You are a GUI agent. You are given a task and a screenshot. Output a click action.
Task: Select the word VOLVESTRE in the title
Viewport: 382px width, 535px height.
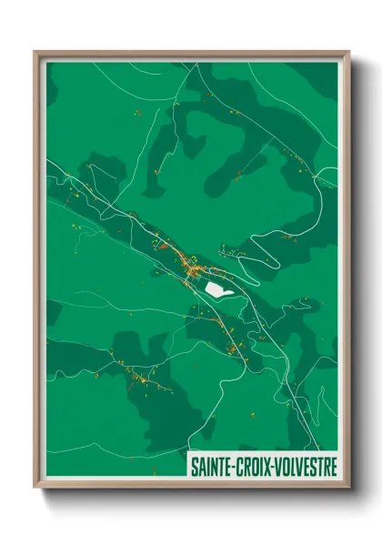tap(305, 466)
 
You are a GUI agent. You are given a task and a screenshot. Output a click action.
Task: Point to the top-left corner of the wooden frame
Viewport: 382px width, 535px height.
tap(35, 52)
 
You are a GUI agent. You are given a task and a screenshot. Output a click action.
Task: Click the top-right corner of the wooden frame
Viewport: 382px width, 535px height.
tap(348, 52)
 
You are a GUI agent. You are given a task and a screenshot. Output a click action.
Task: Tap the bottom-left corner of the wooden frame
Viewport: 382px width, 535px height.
tap(35, 488)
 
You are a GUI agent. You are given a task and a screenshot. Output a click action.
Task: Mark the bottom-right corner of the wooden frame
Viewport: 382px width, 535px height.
tap(348, 488)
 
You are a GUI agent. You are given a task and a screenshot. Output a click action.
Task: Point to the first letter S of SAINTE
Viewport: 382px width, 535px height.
tap(193, 466)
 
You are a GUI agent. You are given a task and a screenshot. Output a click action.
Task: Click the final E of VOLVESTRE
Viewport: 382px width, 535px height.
tap(333, 466)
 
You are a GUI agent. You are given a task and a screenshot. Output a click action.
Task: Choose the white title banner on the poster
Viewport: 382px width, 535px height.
tap(262, 466)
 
